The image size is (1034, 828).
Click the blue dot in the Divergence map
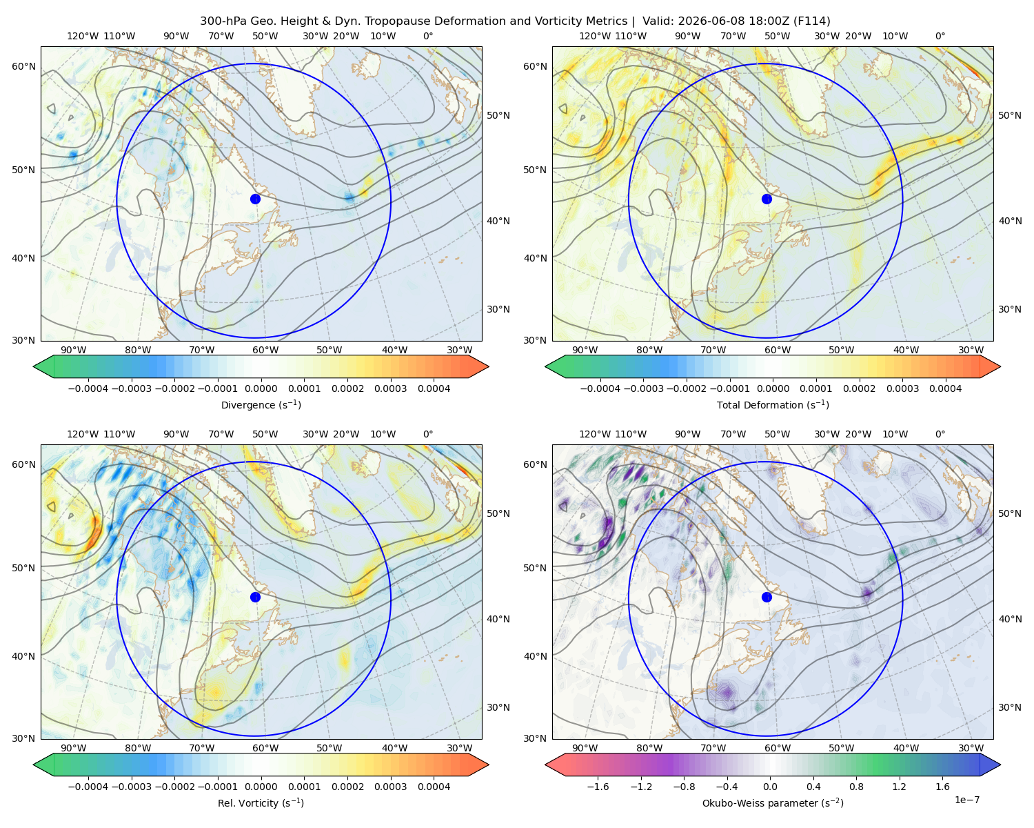coord(255,199)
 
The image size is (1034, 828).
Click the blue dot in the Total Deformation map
coord(767,199)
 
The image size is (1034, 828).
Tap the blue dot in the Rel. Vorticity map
coord(255,597)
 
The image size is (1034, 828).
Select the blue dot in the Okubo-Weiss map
coord(767,597)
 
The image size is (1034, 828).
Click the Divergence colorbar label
coord(261,405)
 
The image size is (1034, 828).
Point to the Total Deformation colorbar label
coord(773,405)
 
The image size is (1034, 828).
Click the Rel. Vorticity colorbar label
coord(261,803)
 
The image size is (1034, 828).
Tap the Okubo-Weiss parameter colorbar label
coord(773,803)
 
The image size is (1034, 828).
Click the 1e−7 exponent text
coord(966,800)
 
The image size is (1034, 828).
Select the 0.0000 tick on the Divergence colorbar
coord(261,388)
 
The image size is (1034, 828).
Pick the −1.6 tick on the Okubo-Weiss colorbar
coord(598,787)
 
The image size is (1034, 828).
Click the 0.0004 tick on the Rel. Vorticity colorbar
coord(434,787)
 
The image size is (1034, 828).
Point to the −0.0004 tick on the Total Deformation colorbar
coord(600,388)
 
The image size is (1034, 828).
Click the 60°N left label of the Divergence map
coord(23,66)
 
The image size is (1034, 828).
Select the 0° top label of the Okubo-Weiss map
coord(940,434)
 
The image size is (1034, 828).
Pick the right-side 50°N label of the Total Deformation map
coord(1010,115)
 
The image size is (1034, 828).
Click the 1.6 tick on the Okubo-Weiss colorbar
coord(943,787)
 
